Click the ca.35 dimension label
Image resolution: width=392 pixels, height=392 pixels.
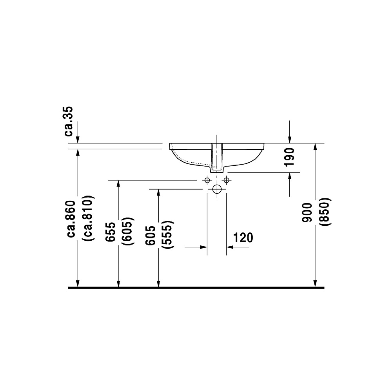pos(69,121)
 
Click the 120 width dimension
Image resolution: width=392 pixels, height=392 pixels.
pos(243,237)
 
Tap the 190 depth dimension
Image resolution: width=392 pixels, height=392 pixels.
pos(289,157)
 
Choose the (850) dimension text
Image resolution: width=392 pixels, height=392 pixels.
pos(325,212)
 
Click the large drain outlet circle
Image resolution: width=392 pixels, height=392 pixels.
pos(217,190)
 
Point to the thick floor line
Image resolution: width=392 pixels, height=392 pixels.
pos(196,288)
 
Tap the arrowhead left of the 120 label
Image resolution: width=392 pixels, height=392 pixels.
pos(203,247)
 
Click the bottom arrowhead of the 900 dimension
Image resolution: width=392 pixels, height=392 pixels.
pos(315,283)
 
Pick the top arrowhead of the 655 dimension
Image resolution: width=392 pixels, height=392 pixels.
pos(118,184)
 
